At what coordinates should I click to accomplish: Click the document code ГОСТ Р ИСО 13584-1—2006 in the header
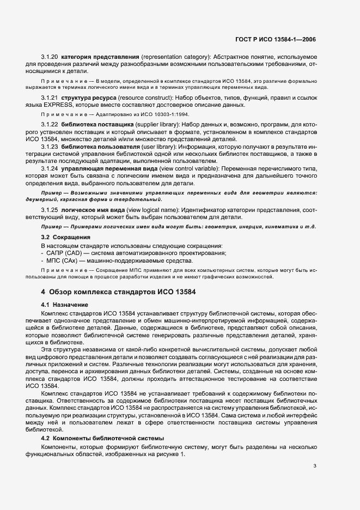[x=275, y=39]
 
